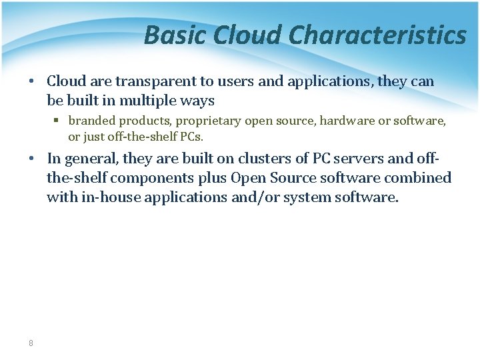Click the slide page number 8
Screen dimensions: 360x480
coord(31,343)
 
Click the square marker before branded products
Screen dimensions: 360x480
coord(58,121)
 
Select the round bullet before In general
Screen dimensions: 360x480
coord(31,159)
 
